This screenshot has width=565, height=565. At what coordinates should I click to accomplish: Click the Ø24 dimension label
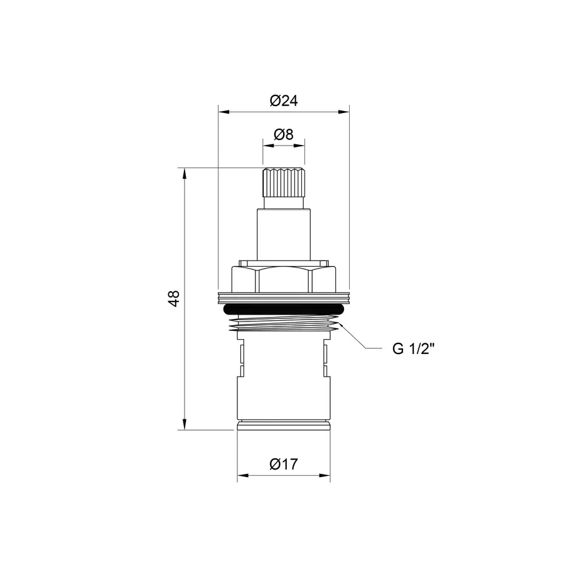pos(283,100)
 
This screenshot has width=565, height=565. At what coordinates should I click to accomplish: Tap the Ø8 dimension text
pos(283,134)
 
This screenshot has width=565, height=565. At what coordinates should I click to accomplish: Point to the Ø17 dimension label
pos(283,465)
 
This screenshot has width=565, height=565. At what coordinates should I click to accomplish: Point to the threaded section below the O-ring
pos(283,324)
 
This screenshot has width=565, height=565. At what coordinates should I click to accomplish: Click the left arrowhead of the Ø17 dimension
pos(241,476)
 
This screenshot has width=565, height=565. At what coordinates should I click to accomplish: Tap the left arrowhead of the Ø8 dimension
pos(266,146)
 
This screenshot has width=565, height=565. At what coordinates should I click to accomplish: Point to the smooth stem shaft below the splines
pos(283,232)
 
